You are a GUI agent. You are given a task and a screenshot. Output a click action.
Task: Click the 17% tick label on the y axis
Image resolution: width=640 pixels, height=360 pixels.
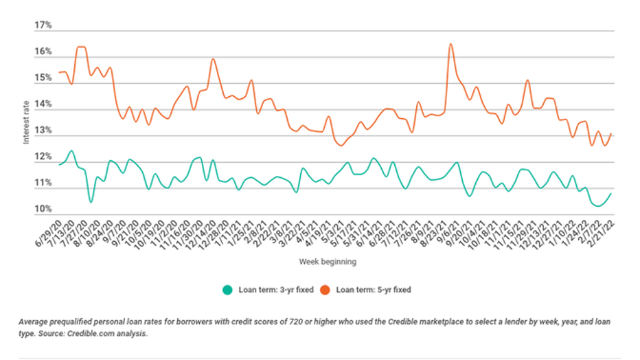coord(43,25)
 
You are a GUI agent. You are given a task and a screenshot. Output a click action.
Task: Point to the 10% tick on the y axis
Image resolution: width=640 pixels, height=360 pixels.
coord(43,209)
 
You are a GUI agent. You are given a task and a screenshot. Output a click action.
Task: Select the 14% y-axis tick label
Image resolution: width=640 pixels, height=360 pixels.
coord(43,104)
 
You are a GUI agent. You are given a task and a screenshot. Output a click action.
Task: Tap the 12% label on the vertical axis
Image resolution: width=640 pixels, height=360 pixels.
coord(43,157)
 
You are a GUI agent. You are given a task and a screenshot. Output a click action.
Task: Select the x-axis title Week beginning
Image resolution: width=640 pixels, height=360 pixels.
coord(328,262)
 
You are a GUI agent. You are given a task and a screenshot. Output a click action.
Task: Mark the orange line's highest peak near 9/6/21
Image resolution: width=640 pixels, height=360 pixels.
coord(450,44)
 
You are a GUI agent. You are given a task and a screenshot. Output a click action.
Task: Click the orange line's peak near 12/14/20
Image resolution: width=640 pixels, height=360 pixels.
coord(213,59)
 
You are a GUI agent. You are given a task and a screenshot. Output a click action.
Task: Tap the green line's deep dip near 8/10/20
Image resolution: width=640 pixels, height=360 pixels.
coord(91,202)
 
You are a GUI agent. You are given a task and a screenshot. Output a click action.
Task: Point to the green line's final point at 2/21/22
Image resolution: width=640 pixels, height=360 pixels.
coord(610,193)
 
